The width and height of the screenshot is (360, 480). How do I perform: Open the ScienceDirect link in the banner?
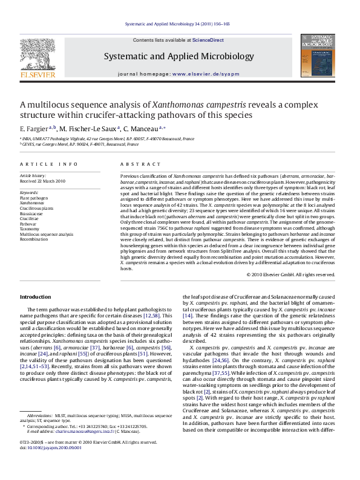(x=208, y=40)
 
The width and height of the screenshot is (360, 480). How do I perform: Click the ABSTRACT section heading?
(x=135, y=164)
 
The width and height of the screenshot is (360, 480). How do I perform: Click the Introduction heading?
(x=36, y=297)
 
